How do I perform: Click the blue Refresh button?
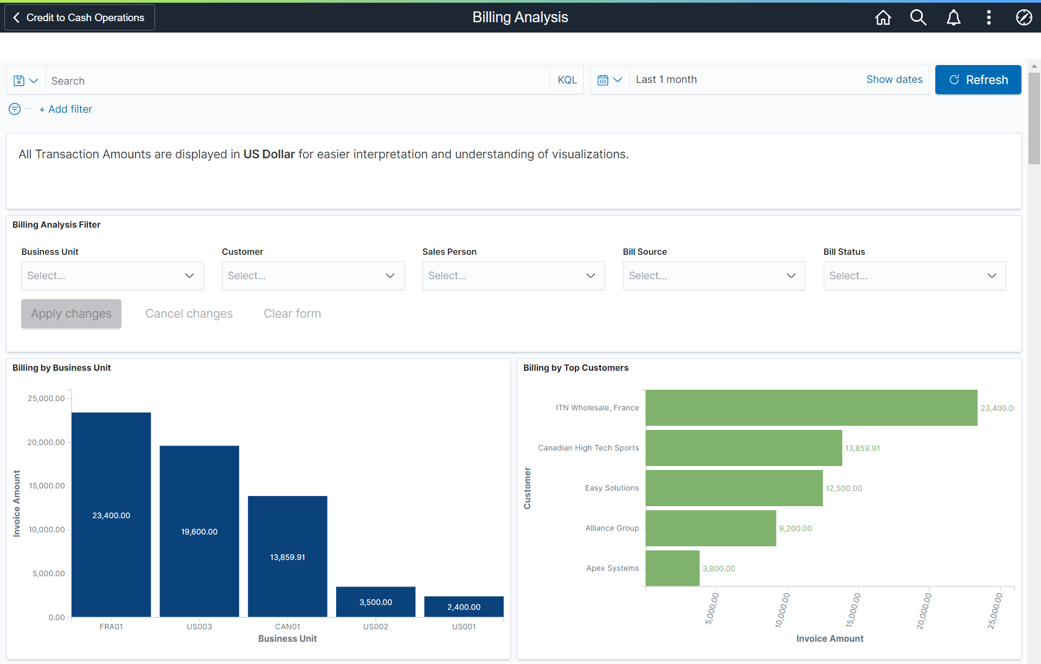(x=978, y=80)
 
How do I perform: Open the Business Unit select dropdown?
(x=112, y=276)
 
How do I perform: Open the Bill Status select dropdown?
(x=914, y=276)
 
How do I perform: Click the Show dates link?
(x=894, y=80)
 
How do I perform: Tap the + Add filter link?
(x=66, y=109)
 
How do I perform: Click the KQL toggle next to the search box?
(x=567, y=80)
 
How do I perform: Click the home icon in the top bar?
(x=883, y=17)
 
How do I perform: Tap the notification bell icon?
(x=953, y=17)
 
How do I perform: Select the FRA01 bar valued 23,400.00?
(x=111, y=515)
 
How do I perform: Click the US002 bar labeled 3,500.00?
(x=375, y=602)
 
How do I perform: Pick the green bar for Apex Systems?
(x=672, y=568)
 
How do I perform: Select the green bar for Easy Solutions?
(x=734, y=488)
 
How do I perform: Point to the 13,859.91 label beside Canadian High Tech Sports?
(x=862, y=448)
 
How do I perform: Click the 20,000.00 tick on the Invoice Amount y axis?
(x=46, y=442)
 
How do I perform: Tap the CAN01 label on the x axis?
(x=287, y=627)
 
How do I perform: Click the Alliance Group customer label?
(x=612, y=528)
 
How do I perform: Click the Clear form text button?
(x=292, y=314)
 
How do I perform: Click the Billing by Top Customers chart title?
(x=575, y=368)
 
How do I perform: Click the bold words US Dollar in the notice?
(x=269, y=154)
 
